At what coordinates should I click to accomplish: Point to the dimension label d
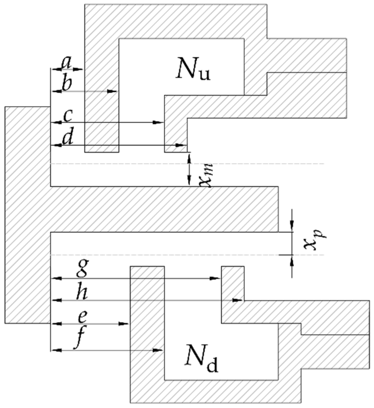coord(67,139)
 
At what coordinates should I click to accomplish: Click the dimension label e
coord(84,317)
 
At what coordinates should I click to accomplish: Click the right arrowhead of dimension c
coord(158,122)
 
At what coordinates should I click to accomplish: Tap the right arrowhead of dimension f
coord(158,350)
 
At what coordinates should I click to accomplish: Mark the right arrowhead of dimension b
coord(112,91)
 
